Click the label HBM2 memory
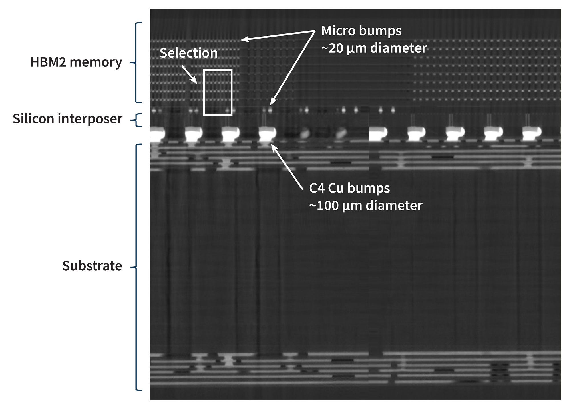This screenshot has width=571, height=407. pos(76,62)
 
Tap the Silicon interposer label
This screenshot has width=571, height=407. pos(67,119)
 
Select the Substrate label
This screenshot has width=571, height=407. pos(92,266)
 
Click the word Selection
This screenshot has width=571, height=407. pos(188,53)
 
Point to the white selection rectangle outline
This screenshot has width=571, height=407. pos(204,92)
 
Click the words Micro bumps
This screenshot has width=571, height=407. pos(361,31)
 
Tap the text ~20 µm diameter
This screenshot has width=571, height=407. pos(374,48)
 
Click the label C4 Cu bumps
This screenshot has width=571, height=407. pos(349,188)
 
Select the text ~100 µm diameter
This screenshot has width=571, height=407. pos(366,205)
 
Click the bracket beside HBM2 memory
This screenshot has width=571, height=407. pos(136,62)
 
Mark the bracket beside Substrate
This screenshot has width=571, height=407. pos(136,267)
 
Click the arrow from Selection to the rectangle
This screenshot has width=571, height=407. pos(189,75)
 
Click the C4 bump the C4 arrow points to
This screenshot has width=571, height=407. pos(267,134)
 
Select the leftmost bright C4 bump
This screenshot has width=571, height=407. pos(157,134)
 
